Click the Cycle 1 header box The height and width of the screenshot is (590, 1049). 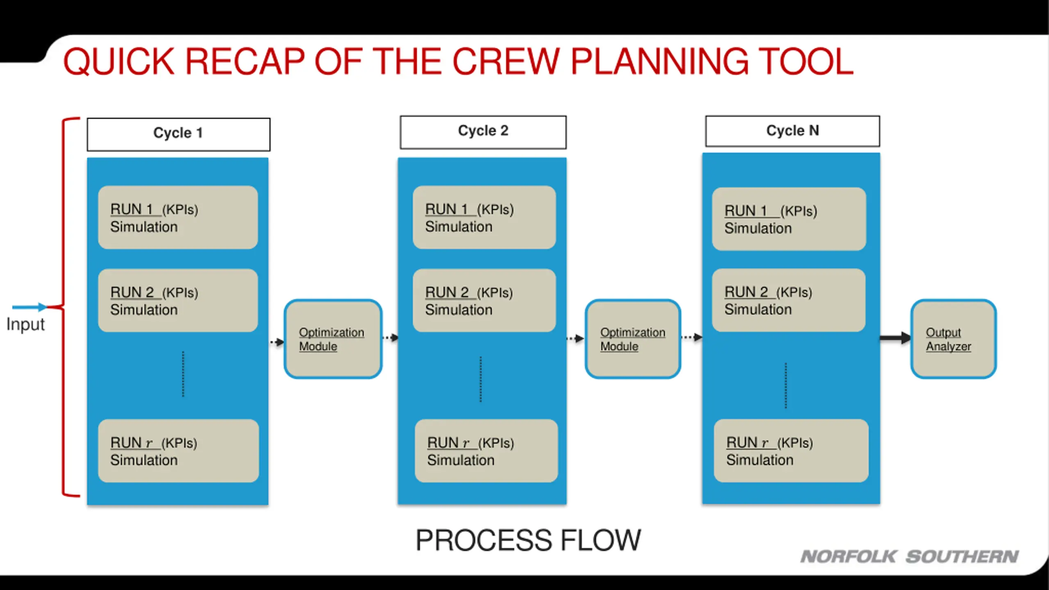tap(178, 134)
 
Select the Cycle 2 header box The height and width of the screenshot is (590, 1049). tap(483, 132)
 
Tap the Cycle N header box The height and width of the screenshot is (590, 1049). tap(792, 131)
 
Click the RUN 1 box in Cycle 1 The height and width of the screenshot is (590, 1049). tap(178, 218)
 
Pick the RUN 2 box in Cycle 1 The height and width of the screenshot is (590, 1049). tap(178, 300)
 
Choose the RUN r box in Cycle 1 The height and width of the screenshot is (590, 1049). tap(178, 451)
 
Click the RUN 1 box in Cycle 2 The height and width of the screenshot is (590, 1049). tap(484, 218)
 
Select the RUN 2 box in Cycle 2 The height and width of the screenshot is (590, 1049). tap(484, 300)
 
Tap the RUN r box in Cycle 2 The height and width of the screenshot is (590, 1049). tap(486, 451)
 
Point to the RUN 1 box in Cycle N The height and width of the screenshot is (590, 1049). tap(789, 219)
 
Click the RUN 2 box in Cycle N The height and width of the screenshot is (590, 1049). tap(788, 300)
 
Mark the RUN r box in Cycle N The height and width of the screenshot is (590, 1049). tap(791, 451)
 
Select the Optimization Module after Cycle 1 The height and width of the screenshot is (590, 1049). tap(333, 339)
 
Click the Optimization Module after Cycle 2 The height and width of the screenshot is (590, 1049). tap(633, 339)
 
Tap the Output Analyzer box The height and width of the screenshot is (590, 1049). tap(954, 339)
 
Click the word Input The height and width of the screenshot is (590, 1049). tap(25, 324)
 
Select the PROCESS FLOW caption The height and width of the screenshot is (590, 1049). tap(528, 540)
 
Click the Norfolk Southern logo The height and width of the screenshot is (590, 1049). tap(910, 557)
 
